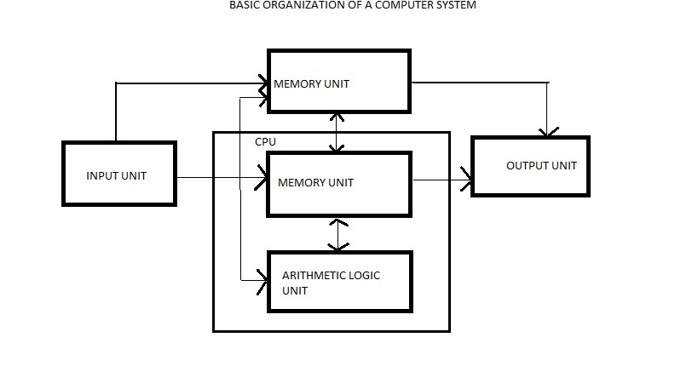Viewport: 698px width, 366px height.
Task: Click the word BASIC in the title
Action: (x=243, y=5)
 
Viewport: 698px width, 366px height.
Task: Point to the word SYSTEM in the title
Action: (x=453, y=5)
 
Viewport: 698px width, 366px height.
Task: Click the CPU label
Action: (x=265, y=141)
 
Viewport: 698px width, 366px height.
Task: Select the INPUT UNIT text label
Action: (x=117, y=176)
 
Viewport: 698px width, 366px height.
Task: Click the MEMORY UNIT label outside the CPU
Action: (x=311, y=83)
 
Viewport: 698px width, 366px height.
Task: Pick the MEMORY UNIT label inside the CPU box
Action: (x=314, y=182)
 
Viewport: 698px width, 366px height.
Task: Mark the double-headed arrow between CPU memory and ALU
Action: (x=340, y=234)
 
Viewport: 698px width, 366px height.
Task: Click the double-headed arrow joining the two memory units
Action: (x=340, y=132)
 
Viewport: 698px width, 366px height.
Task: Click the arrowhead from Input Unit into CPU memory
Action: (x=261, y=178)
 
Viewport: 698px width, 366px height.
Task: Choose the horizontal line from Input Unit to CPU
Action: (x=217, y=178)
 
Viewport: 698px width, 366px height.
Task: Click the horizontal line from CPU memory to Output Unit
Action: (x=439, y=180)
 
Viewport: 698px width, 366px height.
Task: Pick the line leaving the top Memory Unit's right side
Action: (x=477, y=83)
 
